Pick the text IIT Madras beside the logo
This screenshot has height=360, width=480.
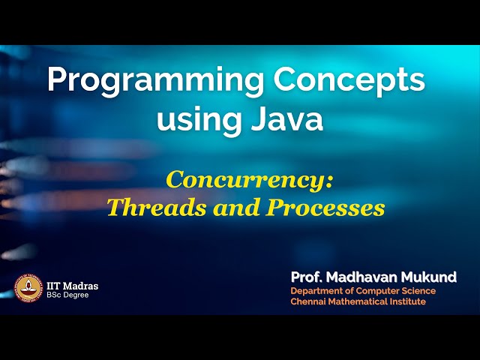click(72, 286)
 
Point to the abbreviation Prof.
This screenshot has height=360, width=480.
click(307, 277)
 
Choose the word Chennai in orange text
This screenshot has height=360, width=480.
click(308, 301)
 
